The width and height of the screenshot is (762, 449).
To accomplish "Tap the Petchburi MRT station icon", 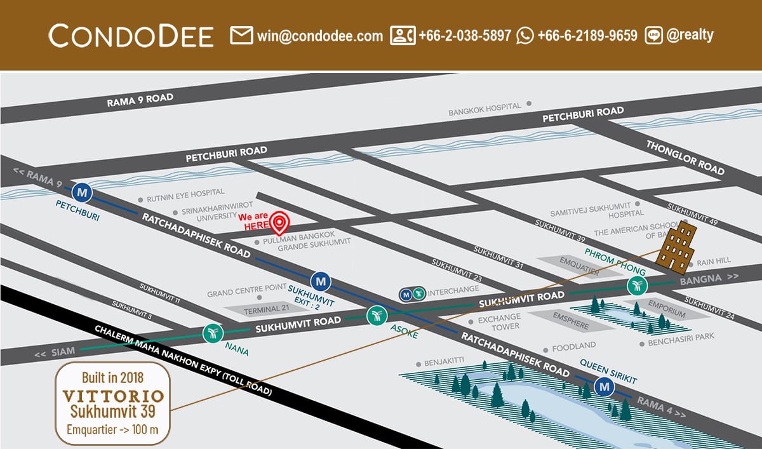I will [x=82, y=191].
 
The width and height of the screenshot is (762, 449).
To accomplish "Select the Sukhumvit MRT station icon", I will [x=321, y=280].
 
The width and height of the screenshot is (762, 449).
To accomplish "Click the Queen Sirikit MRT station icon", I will [x=605, y=386].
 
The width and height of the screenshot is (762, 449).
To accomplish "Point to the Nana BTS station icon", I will [x=212, y=332].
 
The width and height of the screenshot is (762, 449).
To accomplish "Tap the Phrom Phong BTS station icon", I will [x=636, y=285].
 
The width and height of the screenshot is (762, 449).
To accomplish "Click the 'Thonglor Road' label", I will [x=685, y=157].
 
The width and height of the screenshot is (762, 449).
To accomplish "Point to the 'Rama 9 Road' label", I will [x=140, y=99].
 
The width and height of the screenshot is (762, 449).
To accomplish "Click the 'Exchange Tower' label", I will [x=499, y=321].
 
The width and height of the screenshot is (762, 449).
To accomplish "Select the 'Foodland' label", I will [x=573, y=345].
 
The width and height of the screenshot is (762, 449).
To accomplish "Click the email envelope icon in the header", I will [x=241, y=36].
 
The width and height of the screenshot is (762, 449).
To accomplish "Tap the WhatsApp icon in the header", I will [x=525, y=36].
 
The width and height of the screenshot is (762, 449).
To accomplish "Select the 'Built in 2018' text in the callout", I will [x=113, y=379].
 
